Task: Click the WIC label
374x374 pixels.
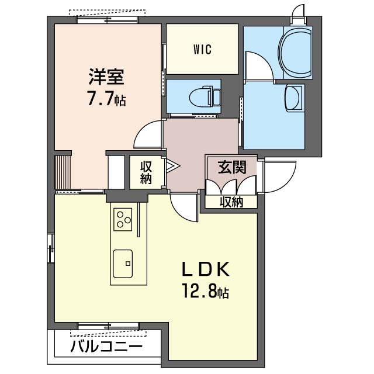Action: pos(202,49)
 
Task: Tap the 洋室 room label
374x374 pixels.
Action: pos(106,77)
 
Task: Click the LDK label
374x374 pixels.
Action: pos(206,269)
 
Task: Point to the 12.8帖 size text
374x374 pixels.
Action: pos(206,291)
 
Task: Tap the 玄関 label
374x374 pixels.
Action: pos(232,167)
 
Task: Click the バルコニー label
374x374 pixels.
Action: pos(106,347)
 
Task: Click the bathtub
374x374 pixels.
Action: pos(295,52)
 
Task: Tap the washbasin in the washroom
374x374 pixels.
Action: pos(294,97)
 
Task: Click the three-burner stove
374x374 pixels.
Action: pos(123,220)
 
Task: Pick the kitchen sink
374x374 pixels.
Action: pos(123,264)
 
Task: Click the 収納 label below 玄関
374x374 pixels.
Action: pos(231,202)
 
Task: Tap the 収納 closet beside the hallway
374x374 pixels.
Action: pos(146,172)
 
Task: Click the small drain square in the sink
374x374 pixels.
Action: pos(128,264)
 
